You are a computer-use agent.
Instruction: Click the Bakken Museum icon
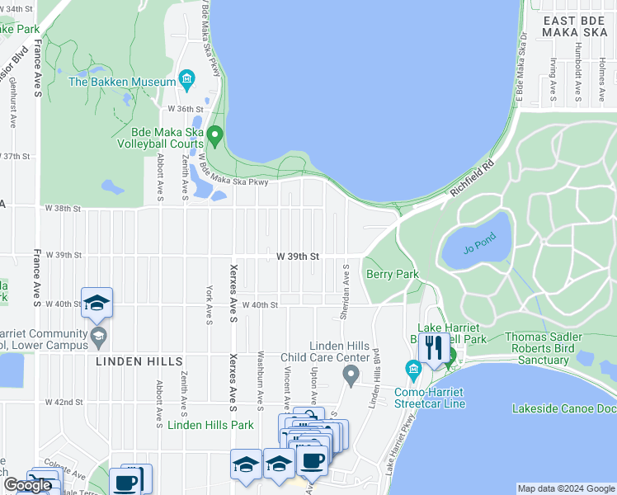[x=187, y=81]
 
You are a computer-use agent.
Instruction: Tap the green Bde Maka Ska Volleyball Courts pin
[x=215, y=134]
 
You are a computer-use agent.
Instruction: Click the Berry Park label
[x=393, y=274]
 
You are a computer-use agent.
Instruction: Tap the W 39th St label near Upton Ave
[x=291, y=256]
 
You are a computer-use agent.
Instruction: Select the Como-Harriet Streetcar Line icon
[x=413, y=368]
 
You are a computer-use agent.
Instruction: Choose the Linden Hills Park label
[x=210, y=425]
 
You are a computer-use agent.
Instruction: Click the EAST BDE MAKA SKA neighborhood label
[x=573, y=25]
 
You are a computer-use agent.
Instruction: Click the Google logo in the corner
[x=27, y=485]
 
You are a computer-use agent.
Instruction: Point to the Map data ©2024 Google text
[x=565, y=488]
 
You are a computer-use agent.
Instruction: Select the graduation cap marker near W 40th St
[x=97, y=302]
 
